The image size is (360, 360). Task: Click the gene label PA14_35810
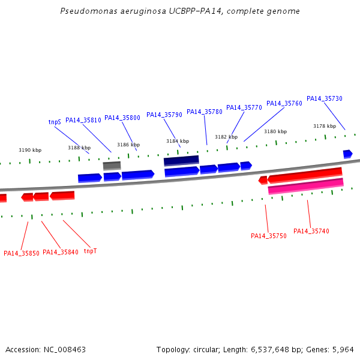[x=83, y=120]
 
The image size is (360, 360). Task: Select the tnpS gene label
[x=55, y=122]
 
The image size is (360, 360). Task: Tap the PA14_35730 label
[x=325, y=98]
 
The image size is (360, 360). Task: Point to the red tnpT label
[x=90, y=251]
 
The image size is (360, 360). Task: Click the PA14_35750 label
[x=269, y=236]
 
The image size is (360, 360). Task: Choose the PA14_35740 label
[x=311, y=231]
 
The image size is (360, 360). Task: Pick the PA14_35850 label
[x=22, y=253]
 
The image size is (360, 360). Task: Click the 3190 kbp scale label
[x=30, y=150]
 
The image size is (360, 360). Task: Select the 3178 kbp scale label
[x=325, y=126]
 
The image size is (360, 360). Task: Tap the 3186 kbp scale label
[x=128, y=145]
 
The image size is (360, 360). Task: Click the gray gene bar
[x=112, y=166]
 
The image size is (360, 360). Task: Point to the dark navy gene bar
[x=181, y=160]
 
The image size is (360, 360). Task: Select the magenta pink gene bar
[x=305, y=186]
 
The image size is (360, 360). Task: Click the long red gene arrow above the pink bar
[x=305, y=175]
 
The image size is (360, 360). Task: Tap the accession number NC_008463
[x=65, y=350]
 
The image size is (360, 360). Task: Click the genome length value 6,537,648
[x=270, y=350]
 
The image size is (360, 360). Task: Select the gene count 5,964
[x=343, y=350]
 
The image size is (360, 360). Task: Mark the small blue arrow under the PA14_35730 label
[x=348, y=154]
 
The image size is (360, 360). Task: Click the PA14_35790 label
[x=164, y=115]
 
